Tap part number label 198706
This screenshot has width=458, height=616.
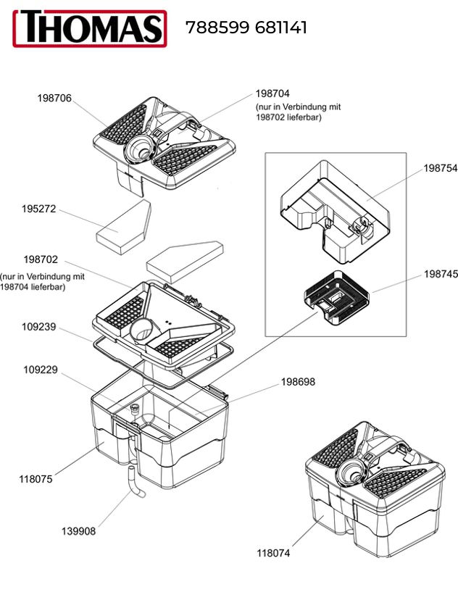click(54, 98)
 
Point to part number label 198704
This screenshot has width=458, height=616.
click(272, 93)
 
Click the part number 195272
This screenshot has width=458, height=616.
click(38, 209)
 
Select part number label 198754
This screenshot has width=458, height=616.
click(441, 167)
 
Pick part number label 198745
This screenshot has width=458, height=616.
click(441, 275)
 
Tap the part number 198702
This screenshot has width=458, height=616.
click(41, 259)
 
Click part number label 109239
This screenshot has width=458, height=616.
click(38, 327)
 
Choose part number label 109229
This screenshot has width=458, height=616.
click(38, 370)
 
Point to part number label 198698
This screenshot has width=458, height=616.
click(299, 381)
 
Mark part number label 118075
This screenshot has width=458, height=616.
click(36, 479)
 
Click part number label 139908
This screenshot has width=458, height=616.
click(78, 531)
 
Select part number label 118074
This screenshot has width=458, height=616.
click(273, 553)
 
